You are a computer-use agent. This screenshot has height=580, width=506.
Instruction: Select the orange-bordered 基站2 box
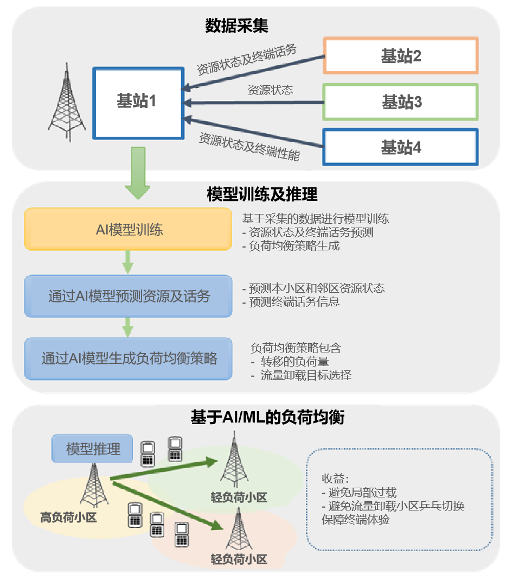coord(401,55)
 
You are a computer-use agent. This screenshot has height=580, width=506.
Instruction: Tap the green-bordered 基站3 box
coord(401,102)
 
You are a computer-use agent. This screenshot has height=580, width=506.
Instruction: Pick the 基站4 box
coord(401,147)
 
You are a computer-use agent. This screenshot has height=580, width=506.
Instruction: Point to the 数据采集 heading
coord(236,26)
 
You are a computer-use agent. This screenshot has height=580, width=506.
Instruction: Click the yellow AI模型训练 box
coord(129,230)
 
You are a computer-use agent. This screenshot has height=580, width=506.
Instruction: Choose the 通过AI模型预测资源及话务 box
coord(129,297)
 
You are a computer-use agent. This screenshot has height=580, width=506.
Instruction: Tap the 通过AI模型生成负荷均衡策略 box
coord(129,358)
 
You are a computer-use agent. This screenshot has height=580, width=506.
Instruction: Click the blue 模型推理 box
coord(93,449)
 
